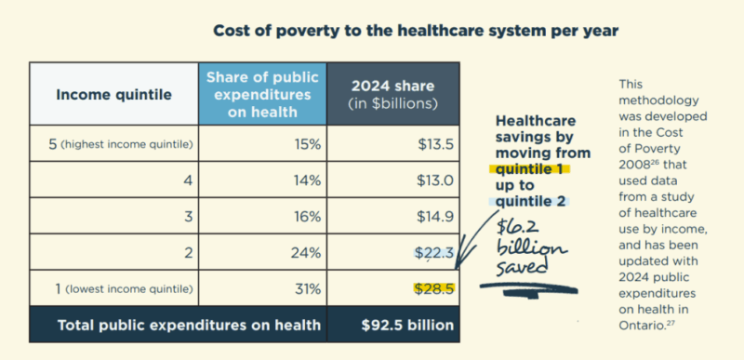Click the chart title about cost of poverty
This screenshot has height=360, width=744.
point(416,31)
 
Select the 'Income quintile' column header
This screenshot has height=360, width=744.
point(114,94)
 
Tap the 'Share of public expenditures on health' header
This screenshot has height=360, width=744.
point(261,94)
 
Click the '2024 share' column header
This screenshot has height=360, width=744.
point(392,94)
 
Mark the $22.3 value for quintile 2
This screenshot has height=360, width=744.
point(433,253)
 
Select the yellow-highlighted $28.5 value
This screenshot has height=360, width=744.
point(433,288)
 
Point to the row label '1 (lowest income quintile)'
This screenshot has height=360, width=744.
point(113,288)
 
